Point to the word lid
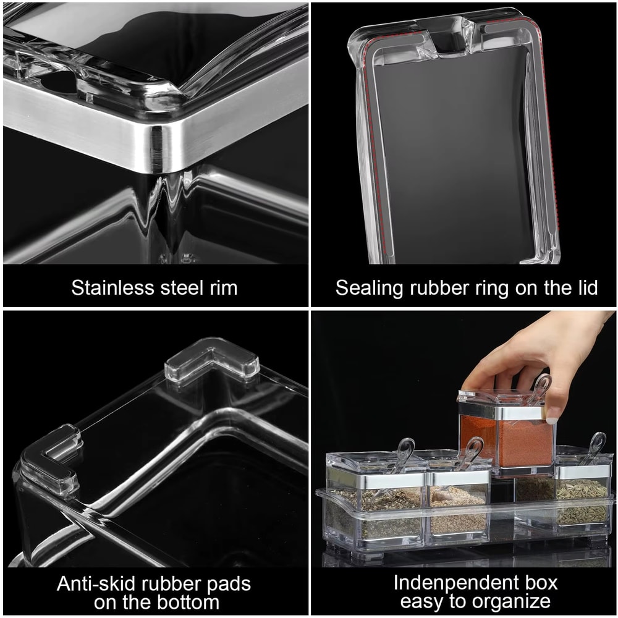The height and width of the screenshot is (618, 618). (x=584, y=287)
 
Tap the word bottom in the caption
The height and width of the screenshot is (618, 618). (x=188, y=603)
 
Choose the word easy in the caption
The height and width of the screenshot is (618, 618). (x=422, y=603)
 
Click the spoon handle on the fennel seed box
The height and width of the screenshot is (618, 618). (x=596, y=445)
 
